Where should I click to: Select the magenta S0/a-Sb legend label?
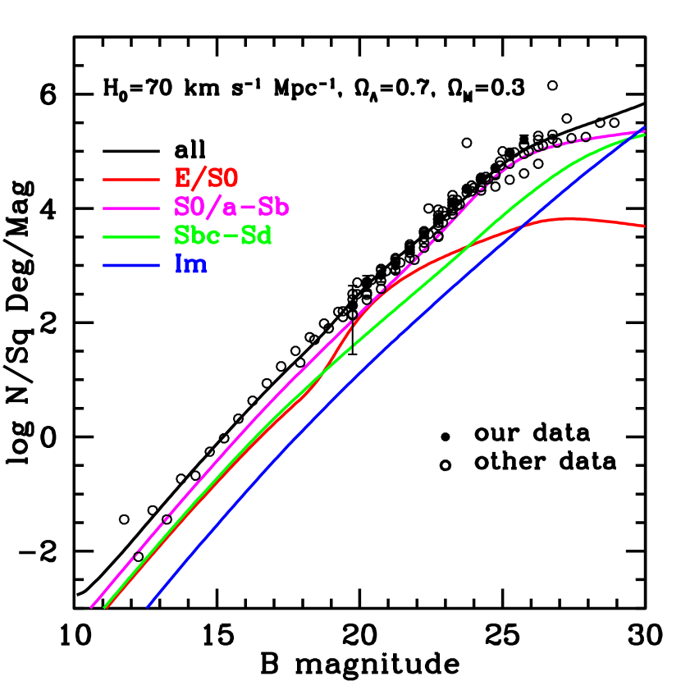pos(231,207)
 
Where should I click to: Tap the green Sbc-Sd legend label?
pos(222,235)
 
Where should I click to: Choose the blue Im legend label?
pos(190,264)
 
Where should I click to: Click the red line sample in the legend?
pos(131,179)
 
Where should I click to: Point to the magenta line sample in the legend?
pos(131,208)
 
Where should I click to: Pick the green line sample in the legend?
pos(131,236)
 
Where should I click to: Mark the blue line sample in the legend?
pos(131,265)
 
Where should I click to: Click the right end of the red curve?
pos(644,226)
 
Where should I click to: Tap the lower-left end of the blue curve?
pos(148,607)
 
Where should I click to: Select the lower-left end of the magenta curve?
pos(91,607)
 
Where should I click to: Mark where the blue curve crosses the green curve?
pos(639,134)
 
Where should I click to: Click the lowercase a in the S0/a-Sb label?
pos(232,208)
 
